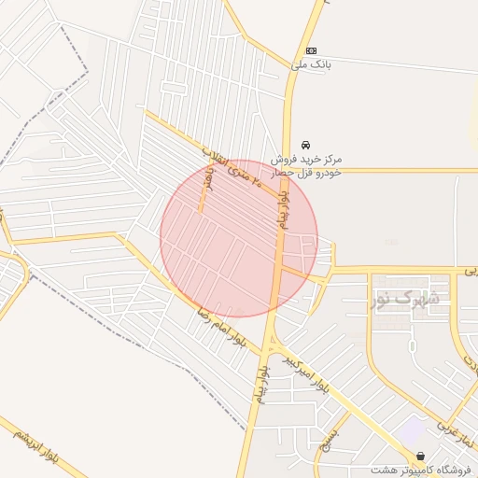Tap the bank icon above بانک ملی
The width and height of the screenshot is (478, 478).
311,50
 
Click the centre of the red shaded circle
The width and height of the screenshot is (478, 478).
239,238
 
